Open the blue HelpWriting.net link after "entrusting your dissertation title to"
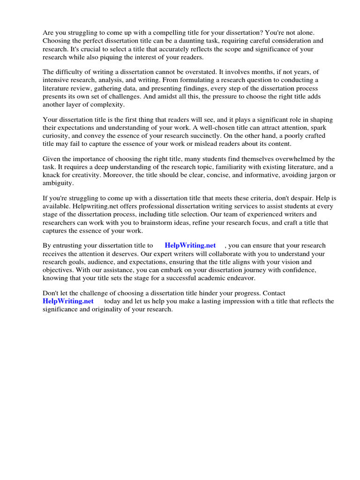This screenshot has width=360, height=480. [x=190, y=245]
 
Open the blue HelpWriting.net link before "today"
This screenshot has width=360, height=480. [x=68, y=301]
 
